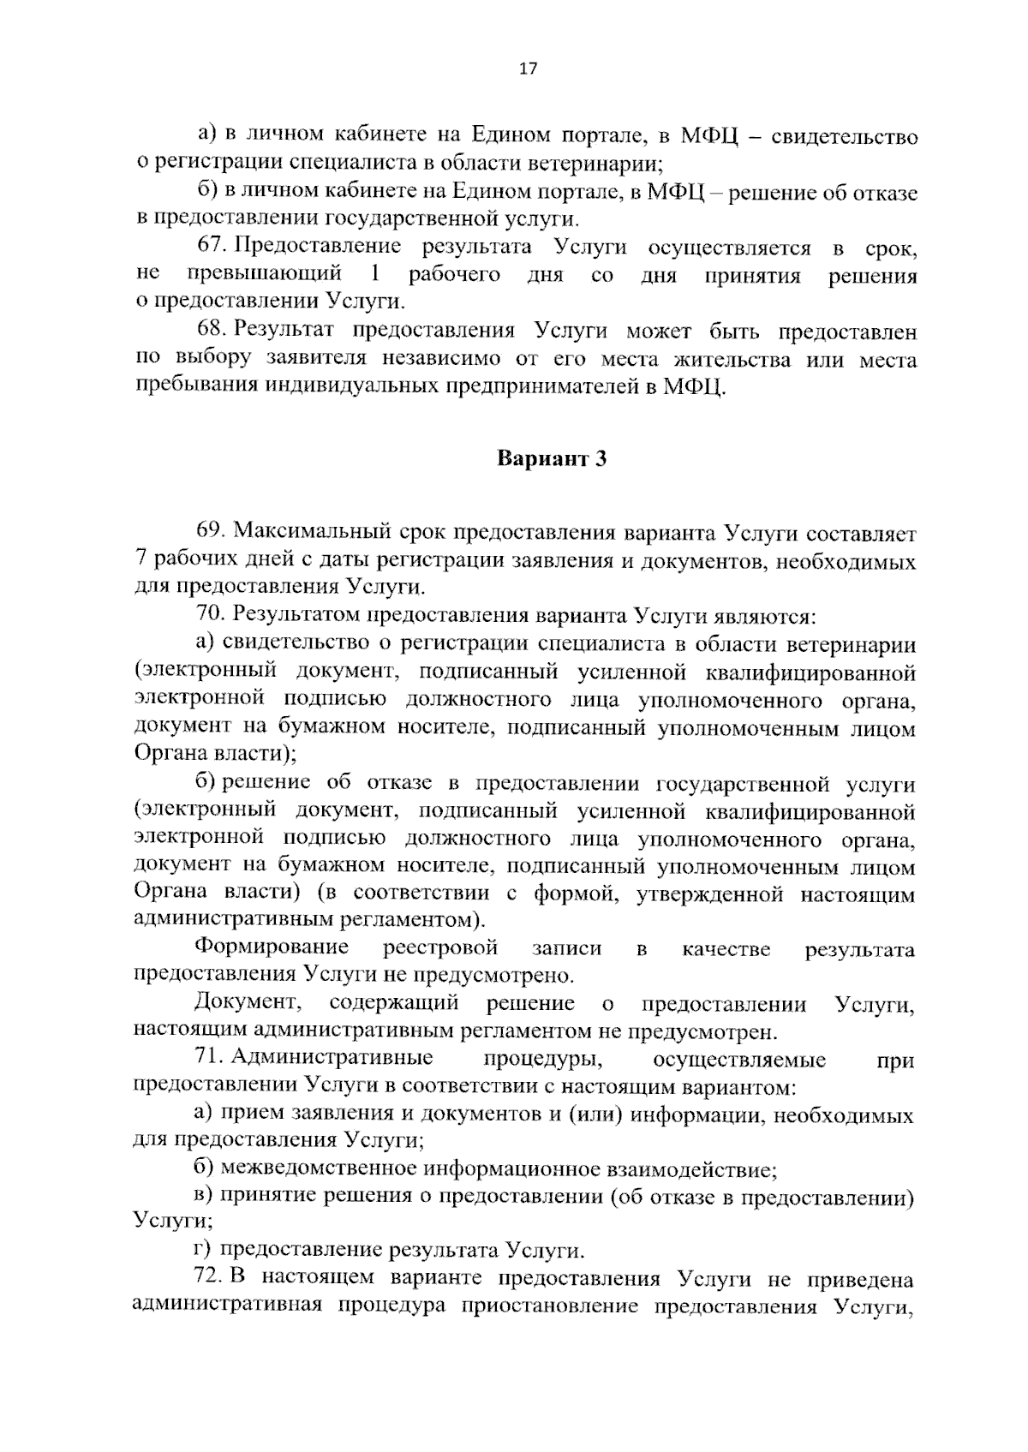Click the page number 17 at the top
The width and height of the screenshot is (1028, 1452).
tap(528, 69)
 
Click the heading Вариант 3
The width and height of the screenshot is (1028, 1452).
tap(552, 459)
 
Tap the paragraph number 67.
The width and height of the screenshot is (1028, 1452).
tap(211, 248)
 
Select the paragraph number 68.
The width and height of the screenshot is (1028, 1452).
tap(211, 331)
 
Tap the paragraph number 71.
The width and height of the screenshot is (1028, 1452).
tap(209, 1060)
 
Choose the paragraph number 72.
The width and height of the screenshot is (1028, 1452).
tap(211, 1278)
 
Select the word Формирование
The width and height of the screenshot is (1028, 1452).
tap(272, 947)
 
